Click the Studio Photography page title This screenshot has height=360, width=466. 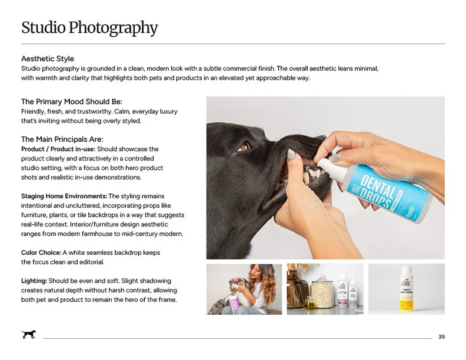[x=89, y=28]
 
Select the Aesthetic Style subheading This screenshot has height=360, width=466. [x=48, y=59]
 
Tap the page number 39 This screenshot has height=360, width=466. [x=441, y=336]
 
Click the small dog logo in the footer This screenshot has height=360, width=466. [x=28, y=335]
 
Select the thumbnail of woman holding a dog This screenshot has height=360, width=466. [x=244, y=289]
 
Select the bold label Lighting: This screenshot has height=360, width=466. [x=34, y=281]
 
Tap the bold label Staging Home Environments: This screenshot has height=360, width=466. [x=64, y=196]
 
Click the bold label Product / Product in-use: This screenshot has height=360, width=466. [x=58, y=149]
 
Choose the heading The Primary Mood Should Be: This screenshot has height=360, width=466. [x=72, y=102]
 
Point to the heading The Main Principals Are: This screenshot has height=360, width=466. [x=62, y=139]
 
